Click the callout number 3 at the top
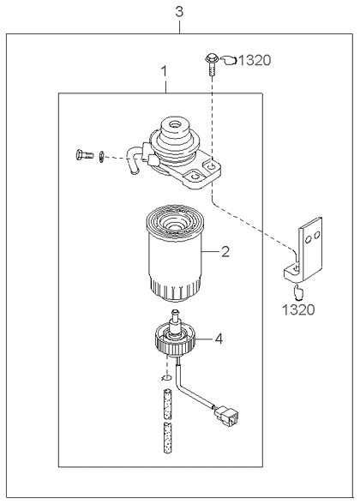(178, 12)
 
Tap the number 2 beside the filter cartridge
(225, 252)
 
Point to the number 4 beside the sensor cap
(219, 338)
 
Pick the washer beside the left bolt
(102, 155)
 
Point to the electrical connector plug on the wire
(226, 417)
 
